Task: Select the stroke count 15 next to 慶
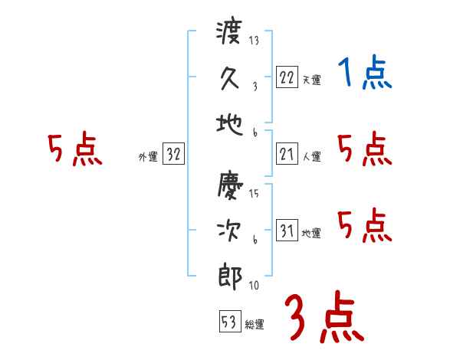pos(254,193)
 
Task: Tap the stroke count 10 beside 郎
pos(254,286)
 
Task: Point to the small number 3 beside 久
pos(254,87)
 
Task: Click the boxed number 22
pos(287,77)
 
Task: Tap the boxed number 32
pos(173,155)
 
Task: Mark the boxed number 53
pos(229,322)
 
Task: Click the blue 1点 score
pos(365,74)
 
